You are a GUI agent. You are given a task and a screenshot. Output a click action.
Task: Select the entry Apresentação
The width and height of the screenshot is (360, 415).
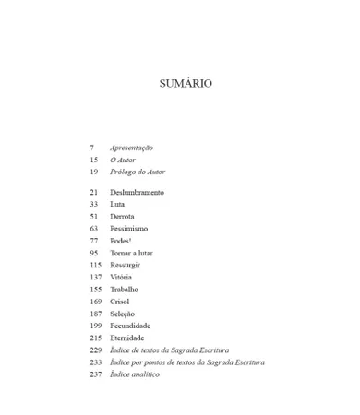coord(131,148)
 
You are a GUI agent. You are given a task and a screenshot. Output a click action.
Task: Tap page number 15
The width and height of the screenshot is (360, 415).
coord(93,160)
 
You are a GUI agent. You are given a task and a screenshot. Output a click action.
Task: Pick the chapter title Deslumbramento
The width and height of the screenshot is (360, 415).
coord(137,192)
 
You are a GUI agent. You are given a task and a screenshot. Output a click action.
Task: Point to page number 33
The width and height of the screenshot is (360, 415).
coord(93,204)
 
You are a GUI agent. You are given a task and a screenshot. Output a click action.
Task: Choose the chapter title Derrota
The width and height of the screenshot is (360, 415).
coord(122,216)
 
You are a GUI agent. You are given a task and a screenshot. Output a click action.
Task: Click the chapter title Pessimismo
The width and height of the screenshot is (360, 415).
coord(128,228)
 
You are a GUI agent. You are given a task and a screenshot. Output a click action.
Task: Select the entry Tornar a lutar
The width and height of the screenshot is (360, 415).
coord(132,253)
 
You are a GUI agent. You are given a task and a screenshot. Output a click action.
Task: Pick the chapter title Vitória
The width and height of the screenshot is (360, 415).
coord(122,277)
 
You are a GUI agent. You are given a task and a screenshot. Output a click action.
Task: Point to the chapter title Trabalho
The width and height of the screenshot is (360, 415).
coord(124,290)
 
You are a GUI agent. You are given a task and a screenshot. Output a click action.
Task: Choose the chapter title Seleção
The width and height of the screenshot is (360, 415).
coord(122,314)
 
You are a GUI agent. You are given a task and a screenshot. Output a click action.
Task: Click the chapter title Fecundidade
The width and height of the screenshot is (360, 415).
coord(129,326)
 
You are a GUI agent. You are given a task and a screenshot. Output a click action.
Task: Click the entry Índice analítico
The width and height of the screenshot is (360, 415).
coord(135,374)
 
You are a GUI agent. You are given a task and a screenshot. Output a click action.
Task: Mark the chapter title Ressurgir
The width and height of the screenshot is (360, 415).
coord(126,265)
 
